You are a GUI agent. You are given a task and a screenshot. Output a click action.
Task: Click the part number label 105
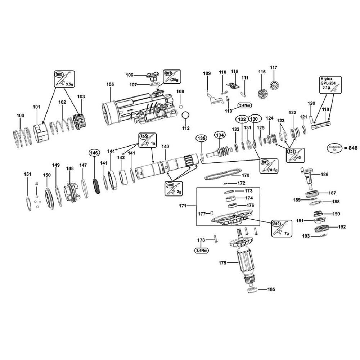pyautogui.click(x=110, y=84)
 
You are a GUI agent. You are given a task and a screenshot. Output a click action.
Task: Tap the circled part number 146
pyautogui.click(x=94, y=153)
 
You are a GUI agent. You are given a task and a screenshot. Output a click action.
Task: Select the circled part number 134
pyautogui.click(x=220, y=135)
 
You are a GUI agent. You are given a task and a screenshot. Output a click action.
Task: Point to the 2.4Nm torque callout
pyautogui.click(x=244, y=106)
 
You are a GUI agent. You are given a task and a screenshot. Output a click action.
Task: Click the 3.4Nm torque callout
pyautogui.click(x=202, y=250)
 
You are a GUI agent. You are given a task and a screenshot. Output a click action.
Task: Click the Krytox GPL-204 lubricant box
pyautogui.click(x=330, y=85)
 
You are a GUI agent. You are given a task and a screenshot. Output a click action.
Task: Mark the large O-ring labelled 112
pyautogui.click(x=186, y=116)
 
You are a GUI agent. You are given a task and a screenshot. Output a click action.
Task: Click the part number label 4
pyautogui.click(x=36, y=184)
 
